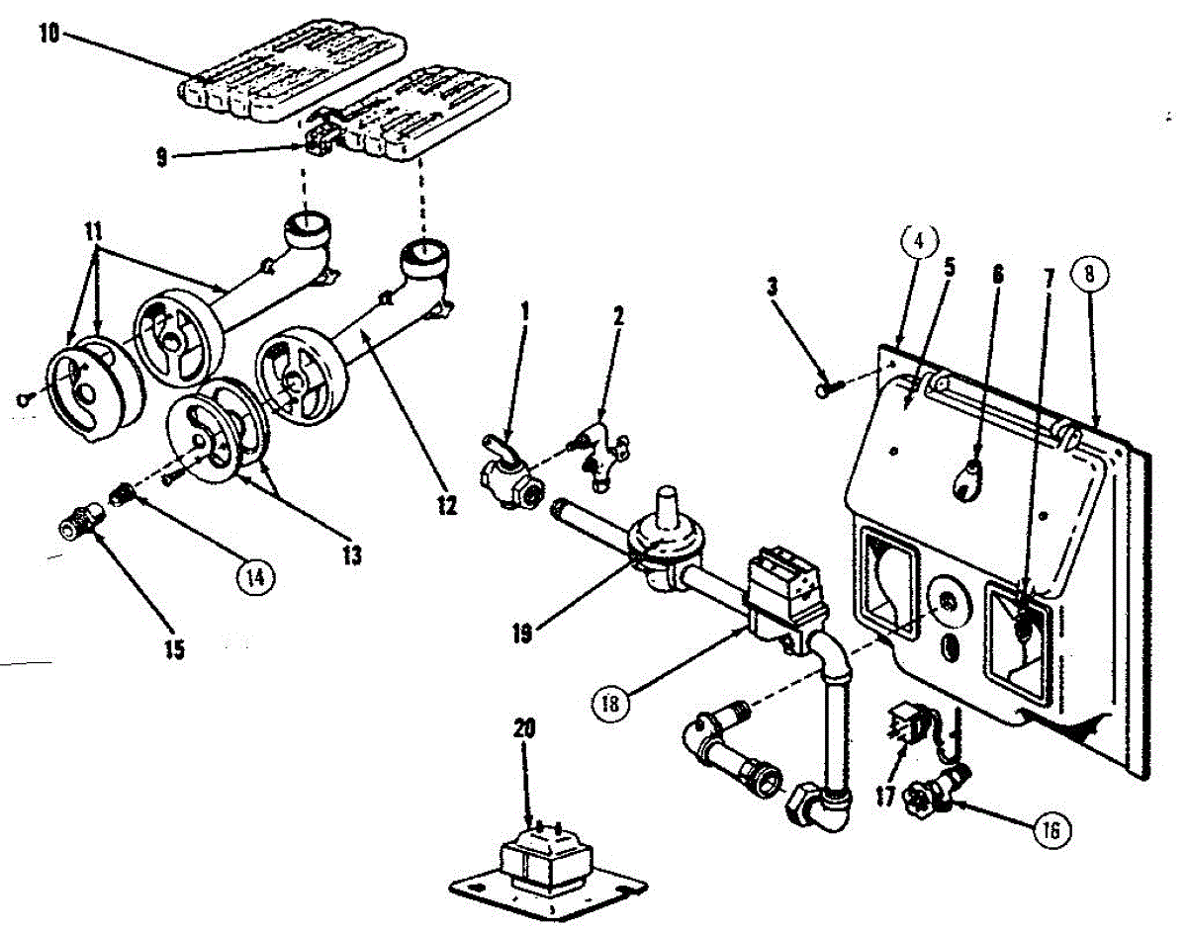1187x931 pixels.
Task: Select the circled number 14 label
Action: (256, 576)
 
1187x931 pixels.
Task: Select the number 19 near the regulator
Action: (524, 634)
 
